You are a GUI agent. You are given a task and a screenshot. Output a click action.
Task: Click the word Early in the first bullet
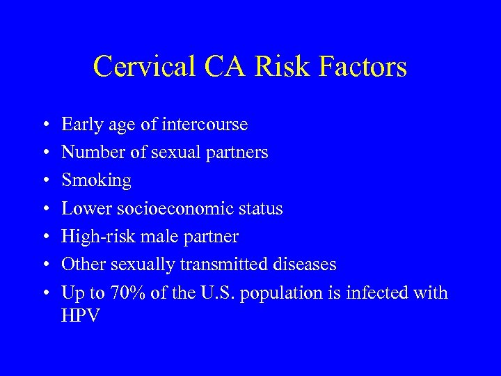[x=79, y=125]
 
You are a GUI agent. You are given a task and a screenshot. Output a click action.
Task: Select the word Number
[x=87, y=152]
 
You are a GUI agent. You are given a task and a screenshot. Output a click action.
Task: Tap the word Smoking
[x=96, y=181]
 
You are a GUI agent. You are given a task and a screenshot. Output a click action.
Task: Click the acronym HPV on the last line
[x=81, y=315]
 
